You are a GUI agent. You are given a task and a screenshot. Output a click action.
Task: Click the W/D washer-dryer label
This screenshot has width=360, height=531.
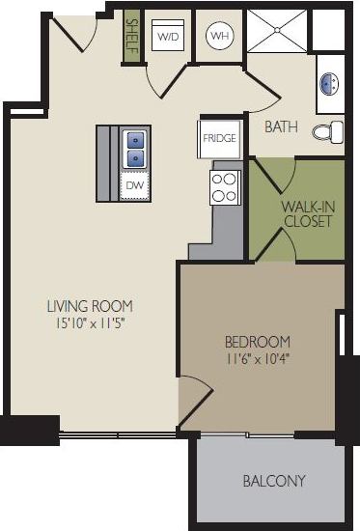168,37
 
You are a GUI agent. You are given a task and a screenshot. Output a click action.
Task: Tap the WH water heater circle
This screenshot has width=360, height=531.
219,37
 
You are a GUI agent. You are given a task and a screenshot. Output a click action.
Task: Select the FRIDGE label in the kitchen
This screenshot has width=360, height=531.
219,138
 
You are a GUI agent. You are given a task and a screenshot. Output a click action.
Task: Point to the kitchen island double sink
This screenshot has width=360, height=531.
135,147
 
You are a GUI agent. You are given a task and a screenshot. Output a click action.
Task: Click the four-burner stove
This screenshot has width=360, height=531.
225,186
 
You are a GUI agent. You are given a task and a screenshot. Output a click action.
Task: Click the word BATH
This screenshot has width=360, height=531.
282,126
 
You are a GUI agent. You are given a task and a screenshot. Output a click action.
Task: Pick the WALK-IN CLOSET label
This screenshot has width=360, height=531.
308,213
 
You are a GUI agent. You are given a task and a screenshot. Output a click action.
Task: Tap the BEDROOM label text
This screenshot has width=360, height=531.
258,342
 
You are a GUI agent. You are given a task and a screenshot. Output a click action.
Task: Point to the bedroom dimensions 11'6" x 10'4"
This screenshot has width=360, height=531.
258,358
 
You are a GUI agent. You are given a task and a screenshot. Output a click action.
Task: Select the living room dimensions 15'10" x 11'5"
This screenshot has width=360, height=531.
90,322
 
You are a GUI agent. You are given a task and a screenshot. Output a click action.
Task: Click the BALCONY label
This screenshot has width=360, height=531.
274,481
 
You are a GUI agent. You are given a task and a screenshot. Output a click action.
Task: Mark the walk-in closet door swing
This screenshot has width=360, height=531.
274,245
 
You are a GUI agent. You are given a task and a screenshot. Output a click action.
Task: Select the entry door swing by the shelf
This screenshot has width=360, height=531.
73,36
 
